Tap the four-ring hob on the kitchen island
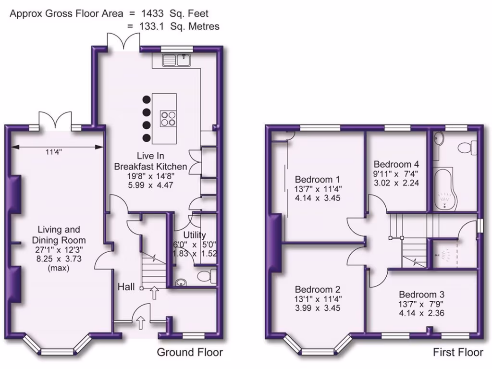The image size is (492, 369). [x=168, y=118]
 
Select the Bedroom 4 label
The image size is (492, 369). [x=393, y=164]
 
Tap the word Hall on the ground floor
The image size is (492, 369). [x=126, y=287]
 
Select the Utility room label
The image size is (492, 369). [x=195, y=235]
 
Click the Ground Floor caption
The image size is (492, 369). [x=190, y=353]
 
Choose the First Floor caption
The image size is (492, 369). [x=458, y=353]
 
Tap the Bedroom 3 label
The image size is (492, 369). [x=421, y=295]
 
